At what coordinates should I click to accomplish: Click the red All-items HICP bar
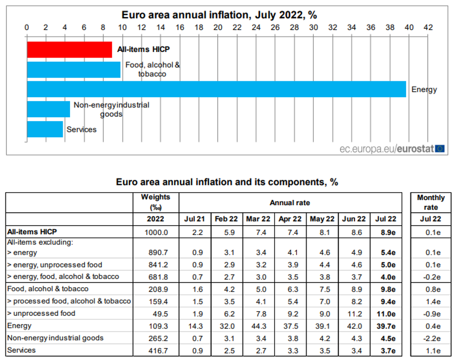coord(69,49)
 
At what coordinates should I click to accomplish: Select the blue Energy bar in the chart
coord(216,89)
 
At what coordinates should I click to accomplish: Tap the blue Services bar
coord(45,129)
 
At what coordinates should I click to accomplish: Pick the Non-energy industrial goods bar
coord(48,109)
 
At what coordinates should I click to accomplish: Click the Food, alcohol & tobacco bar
coord(73,69)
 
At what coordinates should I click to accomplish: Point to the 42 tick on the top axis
coord(428,28)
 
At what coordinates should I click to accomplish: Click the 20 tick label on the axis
coord(217,28)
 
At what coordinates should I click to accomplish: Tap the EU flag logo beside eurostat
coord(440,149)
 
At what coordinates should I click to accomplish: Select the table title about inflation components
coord(227,182)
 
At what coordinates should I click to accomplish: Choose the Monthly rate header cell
coord(431,203)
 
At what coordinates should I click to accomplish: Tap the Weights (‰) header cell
coord(156,202)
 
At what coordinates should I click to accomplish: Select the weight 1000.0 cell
coord(156,231)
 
